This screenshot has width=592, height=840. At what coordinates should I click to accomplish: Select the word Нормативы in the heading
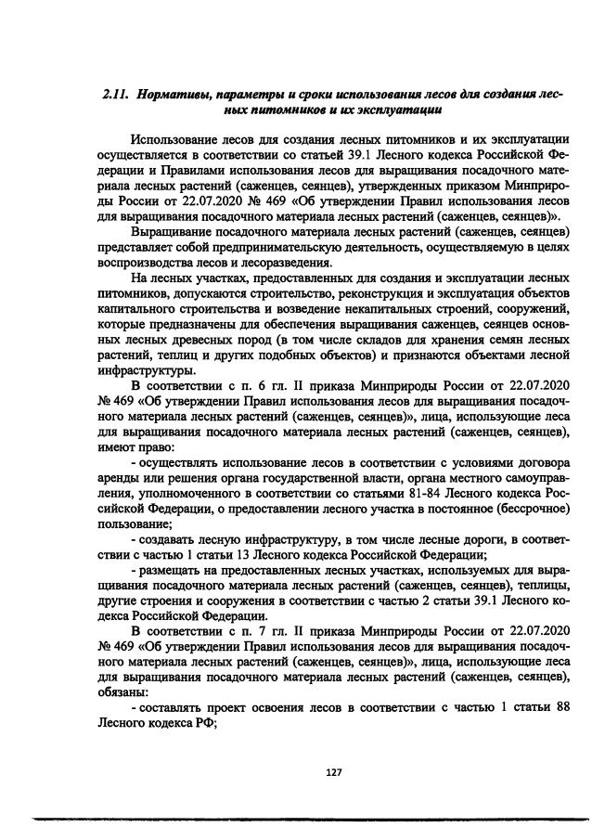pos(171,96)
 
